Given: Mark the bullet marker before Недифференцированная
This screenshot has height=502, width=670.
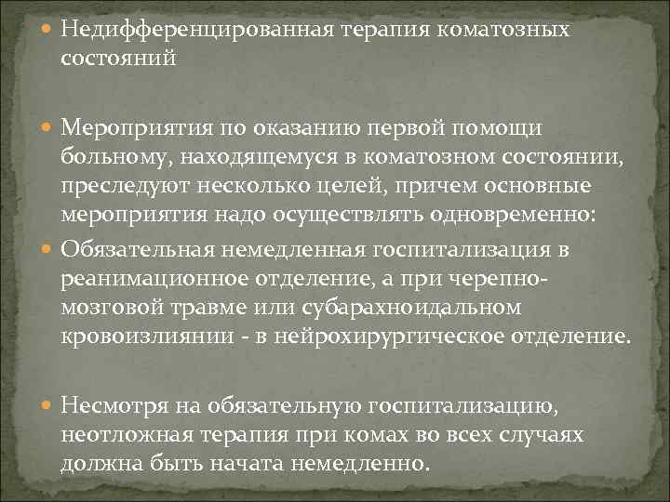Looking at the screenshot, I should pos(47,29).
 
